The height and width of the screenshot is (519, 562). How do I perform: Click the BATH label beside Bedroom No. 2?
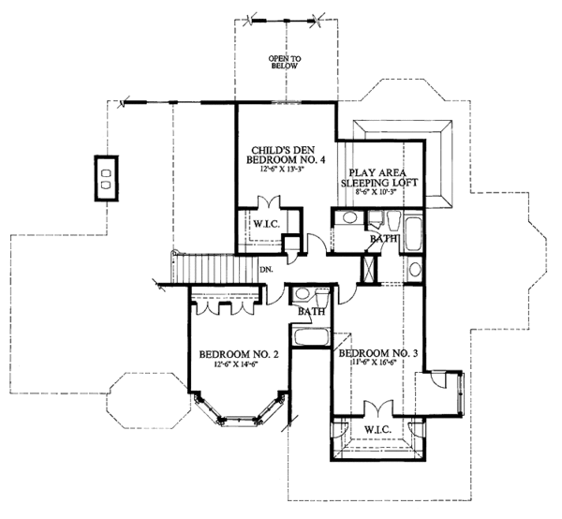coord(313,312)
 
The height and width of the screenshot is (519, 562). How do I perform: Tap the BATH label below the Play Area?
coord(383,240)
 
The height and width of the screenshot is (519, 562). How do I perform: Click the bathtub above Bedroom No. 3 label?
coord(309,336)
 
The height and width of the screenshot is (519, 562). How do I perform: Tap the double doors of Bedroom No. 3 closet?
coord(378,410)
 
